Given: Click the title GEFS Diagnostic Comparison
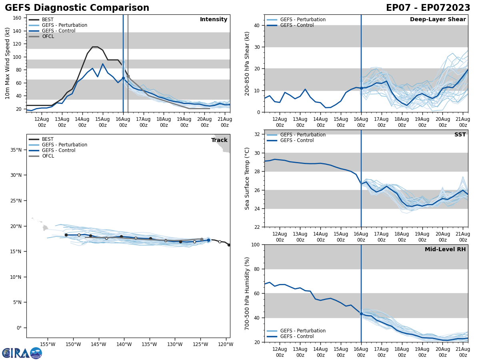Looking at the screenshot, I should click(x=77, y=8).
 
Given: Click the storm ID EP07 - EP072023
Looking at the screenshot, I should click(x=428, y=8).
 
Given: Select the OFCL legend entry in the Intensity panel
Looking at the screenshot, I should click(x=48, y=36).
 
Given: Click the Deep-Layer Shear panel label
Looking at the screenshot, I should click(x=438, y=20).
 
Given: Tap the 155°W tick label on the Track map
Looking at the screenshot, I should click(x=48, y=344).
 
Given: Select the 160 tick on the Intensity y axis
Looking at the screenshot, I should click(x=17, y=18).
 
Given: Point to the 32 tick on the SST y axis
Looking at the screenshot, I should click(x=257, y=134).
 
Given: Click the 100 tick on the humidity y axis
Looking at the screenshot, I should click(x=256, y=244).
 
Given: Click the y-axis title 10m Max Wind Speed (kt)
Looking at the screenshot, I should click(x=7, y=64).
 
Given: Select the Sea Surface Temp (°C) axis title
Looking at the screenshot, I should click(x=247, y=178).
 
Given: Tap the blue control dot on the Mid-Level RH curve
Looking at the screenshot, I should click(x=361, y=314).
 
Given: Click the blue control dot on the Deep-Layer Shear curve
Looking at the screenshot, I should click(x=361, y=88).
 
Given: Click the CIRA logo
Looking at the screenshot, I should click(x=22, y=353).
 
